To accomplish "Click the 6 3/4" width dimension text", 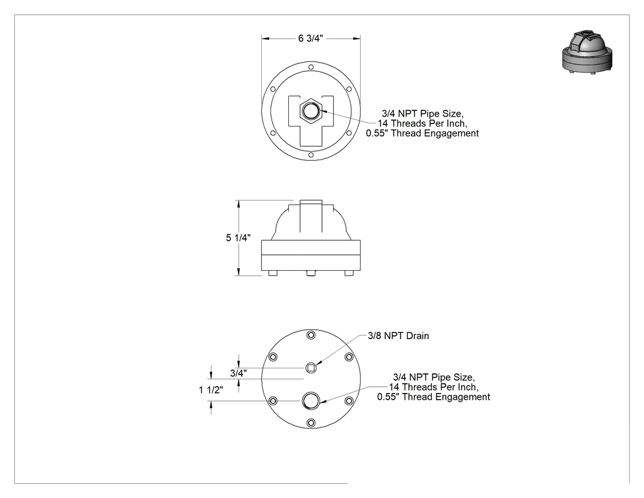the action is tap(310, 38).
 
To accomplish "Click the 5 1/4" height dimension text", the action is tap(238, 238).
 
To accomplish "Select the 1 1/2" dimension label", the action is tap(211, 390).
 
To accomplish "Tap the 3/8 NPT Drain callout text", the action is tap(398, 335).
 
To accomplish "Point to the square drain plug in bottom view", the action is tap(311, 368).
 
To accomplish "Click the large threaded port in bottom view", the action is tap(311, 401).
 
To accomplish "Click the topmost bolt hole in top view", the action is tap(311, 67).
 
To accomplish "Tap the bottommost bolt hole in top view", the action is tap(311, 155).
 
